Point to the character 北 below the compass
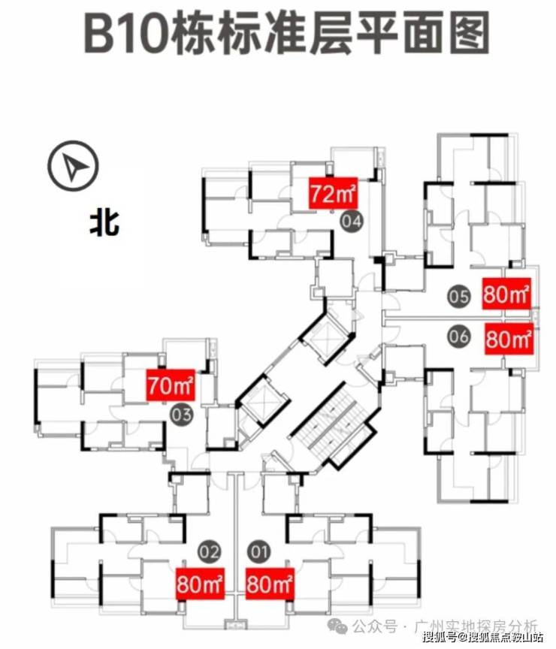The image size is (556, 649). [104, 223]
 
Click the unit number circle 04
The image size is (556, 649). [352, 221]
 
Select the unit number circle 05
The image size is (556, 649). [458, 296]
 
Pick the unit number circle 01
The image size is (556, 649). [259, 554]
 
